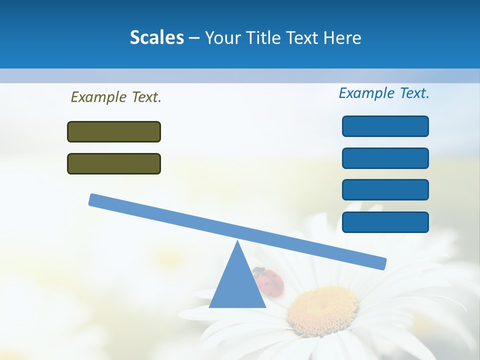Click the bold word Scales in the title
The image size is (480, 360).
[157, 37]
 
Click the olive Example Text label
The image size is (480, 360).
[116, 97]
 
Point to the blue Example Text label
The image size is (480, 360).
[384, 93]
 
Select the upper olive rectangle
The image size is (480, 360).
[114, 131]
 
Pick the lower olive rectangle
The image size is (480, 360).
[114, 163]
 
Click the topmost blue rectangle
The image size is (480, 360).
[385, 126]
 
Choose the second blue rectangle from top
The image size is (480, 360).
[385, 158]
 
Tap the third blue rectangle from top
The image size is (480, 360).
[385, 190]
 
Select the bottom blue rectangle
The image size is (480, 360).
[385, 222]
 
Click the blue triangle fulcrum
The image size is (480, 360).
[237, 285]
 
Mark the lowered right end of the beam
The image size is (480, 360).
[381, 263]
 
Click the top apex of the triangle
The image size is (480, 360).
[237, 242]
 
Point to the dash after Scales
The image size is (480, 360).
[194, 38]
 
